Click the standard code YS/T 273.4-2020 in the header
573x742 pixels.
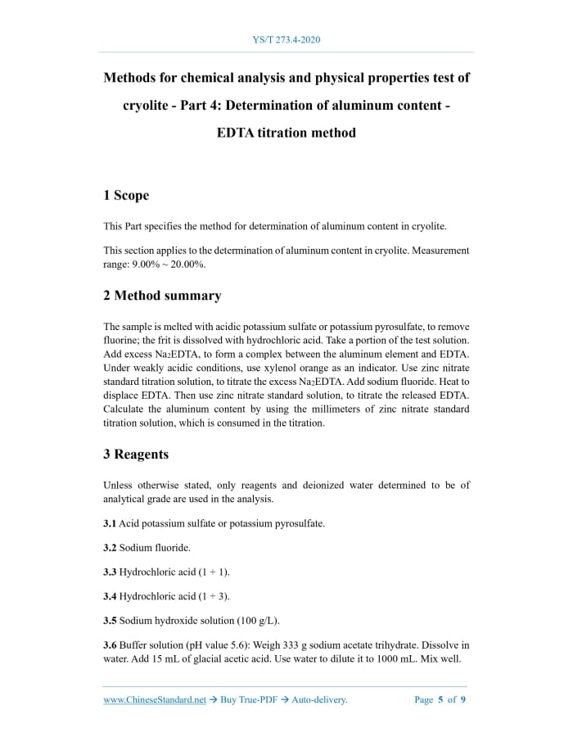286,39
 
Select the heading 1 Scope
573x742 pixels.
126,195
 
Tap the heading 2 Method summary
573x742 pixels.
162,295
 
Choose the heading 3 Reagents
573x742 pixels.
136,454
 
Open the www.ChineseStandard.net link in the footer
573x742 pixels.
155,700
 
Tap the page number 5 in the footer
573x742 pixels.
440,700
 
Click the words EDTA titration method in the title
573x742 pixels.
286,132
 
